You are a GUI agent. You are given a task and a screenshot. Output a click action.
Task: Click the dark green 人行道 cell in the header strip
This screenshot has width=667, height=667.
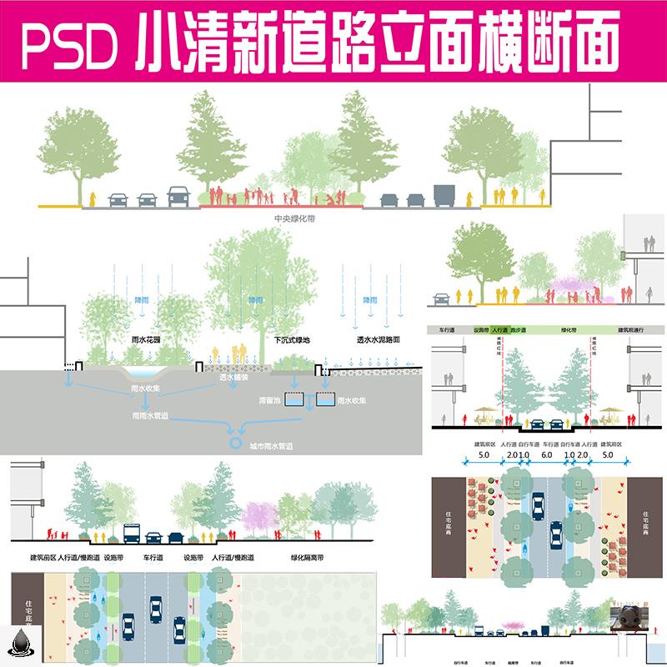tap(500, 330)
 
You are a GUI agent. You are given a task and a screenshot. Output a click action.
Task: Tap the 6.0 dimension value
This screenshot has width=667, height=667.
tap(546, 456)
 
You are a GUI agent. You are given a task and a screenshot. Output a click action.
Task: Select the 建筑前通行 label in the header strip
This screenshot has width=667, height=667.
tap(634, 330)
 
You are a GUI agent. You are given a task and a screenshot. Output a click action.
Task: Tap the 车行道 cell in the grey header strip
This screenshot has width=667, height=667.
tap(443, 330)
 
